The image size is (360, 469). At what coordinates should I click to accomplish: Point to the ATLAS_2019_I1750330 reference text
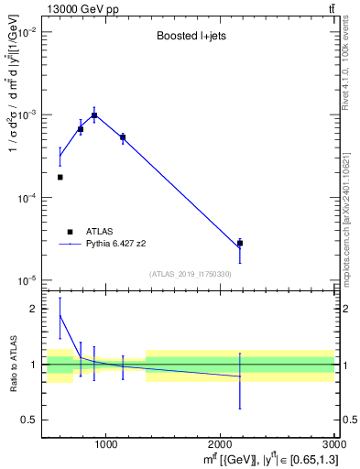point(190,274)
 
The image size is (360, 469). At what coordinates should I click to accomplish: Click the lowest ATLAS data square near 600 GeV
point(60,177)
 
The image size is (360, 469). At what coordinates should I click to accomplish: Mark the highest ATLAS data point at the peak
point(93,116)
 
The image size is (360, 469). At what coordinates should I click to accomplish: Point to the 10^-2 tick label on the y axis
point(27,32)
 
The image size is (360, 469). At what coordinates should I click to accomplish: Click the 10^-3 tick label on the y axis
point(27,115)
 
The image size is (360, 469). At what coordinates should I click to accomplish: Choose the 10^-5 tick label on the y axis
point(27,280)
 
